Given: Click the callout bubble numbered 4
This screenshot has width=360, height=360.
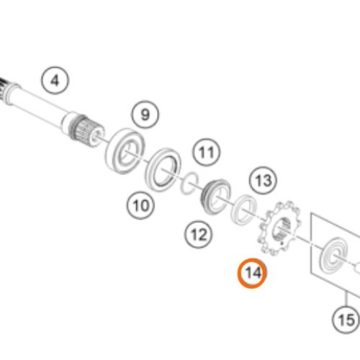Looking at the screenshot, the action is click(x=55, y=81).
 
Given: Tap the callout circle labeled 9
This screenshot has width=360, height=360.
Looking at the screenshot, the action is click(x=145, y=114).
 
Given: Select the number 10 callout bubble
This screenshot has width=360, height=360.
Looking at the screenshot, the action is click(x=140, y=205).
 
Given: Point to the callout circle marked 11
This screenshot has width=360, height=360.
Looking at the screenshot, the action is click(x=207, y=152).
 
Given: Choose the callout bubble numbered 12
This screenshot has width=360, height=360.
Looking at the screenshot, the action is click(x=199, y=235).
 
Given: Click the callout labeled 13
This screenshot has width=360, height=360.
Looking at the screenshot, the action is click(x=263, y=181).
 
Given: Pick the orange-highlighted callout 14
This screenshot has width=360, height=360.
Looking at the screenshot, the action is click(x=252, y=273).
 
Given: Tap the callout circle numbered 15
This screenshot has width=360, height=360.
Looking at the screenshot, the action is click(x=346, y=320).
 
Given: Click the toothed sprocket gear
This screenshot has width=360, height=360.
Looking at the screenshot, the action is click(x=279, y=228).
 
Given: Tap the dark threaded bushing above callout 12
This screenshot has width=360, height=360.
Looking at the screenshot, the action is click(x=215, y=197).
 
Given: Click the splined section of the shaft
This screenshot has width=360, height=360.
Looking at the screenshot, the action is click(x=86, y=131).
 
